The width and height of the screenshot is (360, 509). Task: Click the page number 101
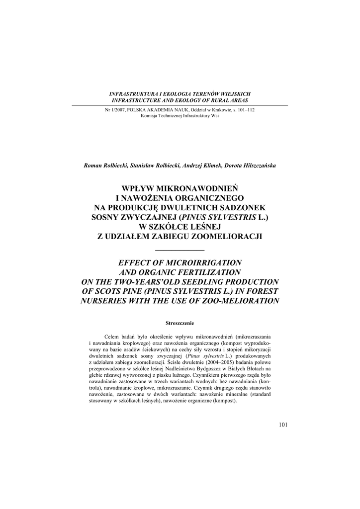coord(283,424)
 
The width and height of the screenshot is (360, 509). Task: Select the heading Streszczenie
coord(180,323)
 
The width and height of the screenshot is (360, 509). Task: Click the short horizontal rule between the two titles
coord(180,250)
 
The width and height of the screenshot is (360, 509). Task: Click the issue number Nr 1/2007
coord(115,110)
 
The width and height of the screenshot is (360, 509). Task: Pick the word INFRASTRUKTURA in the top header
coord(130,94)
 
